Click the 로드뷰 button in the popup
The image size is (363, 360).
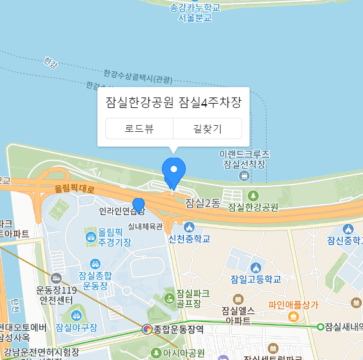(139, 129)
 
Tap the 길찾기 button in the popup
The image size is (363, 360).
(207, 129)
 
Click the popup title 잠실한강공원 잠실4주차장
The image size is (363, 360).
(174, 102)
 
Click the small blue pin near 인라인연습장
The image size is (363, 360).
(139, 205)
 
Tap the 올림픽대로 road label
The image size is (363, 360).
(75, 190)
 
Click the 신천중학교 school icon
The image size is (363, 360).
(189, 228)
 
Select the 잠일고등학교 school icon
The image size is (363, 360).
(256, 267)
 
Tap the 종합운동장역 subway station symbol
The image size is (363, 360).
(147, 329)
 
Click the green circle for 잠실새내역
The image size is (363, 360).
(320, 326)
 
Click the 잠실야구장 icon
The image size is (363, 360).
(76, 316)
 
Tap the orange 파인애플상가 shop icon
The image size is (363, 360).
(293, 316)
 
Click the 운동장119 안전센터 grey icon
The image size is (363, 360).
(56, 278)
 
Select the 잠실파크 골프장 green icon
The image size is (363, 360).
(169, 298)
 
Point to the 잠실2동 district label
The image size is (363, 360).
(202, 203)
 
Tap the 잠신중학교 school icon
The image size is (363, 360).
(348, 229)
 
